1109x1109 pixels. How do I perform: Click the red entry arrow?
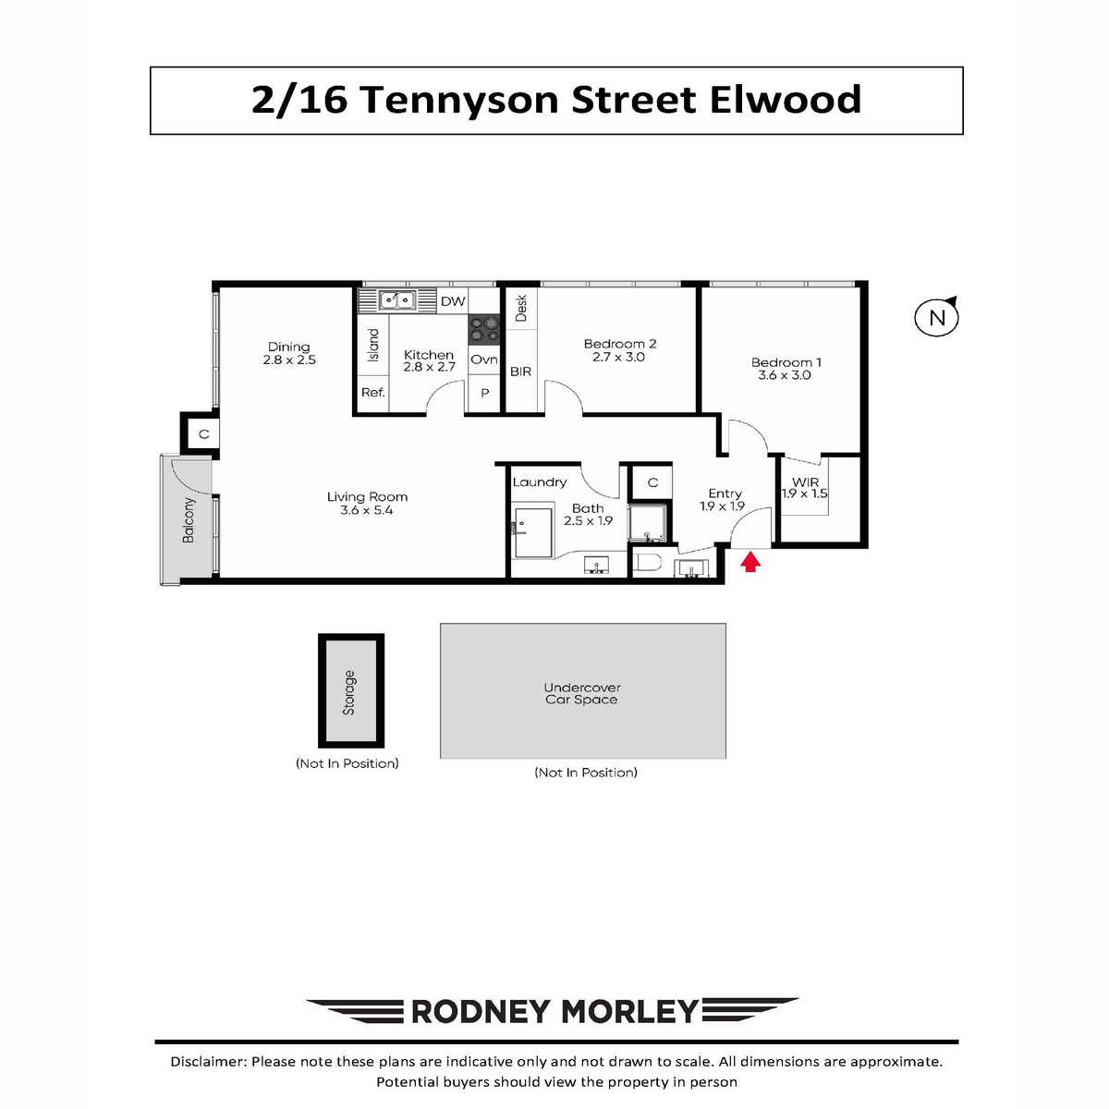coord(749,561)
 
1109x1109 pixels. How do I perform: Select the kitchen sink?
coord(397,299)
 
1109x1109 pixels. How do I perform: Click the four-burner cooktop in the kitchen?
coord(483,329)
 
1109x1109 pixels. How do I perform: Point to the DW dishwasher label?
coord(453,301)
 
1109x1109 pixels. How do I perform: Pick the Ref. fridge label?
coord(373,393)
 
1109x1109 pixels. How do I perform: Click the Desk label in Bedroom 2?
coord(521,308)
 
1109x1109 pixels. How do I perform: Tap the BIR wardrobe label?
coord(520,372)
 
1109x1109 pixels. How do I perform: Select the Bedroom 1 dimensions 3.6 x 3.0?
coord(784,375)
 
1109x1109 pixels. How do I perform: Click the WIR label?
coord(805,482)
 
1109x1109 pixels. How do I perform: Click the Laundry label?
coord(539,482)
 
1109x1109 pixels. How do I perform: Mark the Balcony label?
coord(189,519)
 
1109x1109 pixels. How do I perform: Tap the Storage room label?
coord(348,692)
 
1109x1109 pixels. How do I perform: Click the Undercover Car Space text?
coord(581,693)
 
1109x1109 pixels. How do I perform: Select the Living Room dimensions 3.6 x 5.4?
coord(367,510)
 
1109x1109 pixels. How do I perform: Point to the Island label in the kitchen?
coord(373,345)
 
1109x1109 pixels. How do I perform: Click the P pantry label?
coord(484,393)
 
